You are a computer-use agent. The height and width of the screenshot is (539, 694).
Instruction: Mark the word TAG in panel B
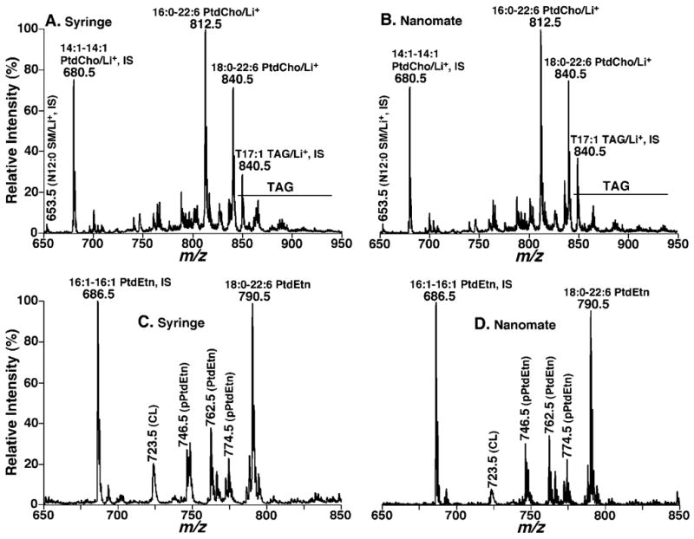point(615,185)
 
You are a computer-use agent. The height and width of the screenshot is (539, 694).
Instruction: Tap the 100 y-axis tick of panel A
point(31,29)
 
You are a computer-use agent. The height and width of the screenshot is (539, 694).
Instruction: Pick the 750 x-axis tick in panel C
point(193,515)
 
